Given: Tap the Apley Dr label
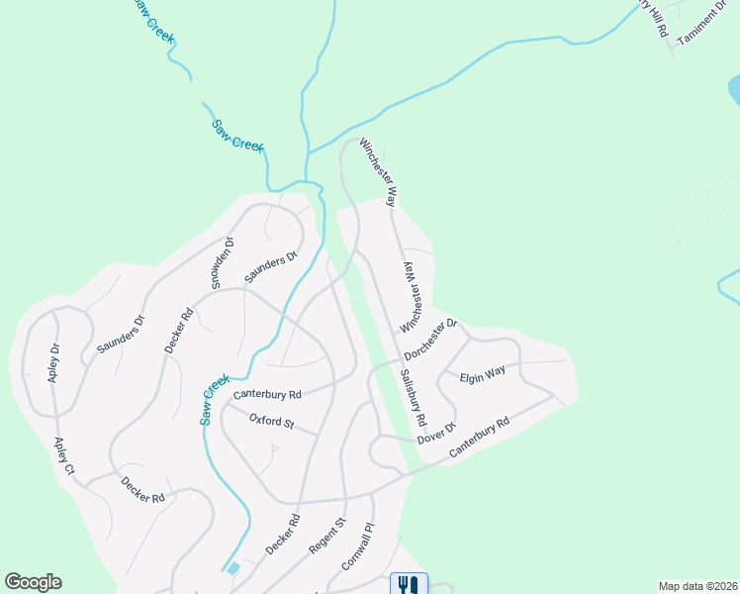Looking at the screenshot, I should (x=54, y=362).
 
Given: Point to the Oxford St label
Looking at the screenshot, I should (x=272, y=423).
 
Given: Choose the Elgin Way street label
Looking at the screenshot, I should (x=483, y=374).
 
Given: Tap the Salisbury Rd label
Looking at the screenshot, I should (x=414, y=397).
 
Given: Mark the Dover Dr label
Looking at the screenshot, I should (x=435, y=433).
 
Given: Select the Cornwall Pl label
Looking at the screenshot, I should (x=358, y=544).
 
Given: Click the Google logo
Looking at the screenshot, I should (x=33, y=582).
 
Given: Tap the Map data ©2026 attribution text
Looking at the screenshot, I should (x=697, y=586).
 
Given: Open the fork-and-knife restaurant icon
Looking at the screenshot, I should (x=409, y=583).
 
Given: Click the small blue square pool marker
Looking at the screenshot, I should (x=232, y=568).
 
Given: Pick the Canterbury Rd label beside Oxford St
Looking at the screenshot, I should (x=266, y=394).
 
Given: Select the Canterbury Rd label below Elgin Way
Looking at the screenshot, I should (x=479, y=437).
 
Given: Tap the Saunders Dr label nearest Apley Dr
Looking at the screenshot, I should (x=122, y=336).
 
